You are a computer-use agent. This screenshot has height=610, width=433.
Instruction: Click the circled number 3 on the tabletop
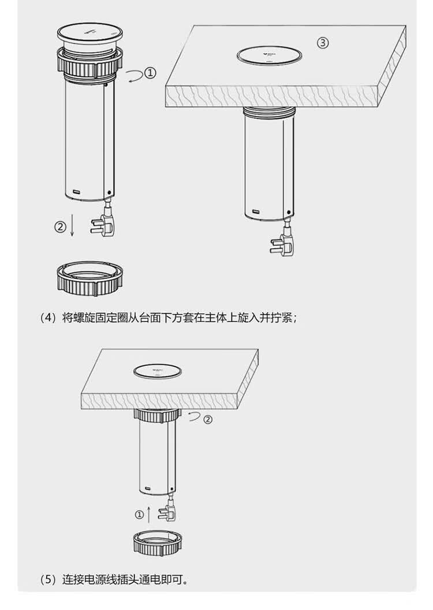click(323, 43)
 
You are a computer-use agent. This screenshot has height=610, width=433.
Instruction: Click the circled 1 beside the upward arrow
click(139, 514)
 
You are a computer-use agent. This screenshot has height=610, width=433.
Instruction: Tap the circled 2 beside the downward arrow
click(59, 227)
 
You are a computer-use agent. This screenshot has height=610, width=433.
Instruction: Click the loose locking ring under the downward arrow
click(91, 277)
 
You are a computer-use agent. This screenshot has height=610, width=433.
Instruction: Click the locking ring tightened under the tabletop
click(158, 413)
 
